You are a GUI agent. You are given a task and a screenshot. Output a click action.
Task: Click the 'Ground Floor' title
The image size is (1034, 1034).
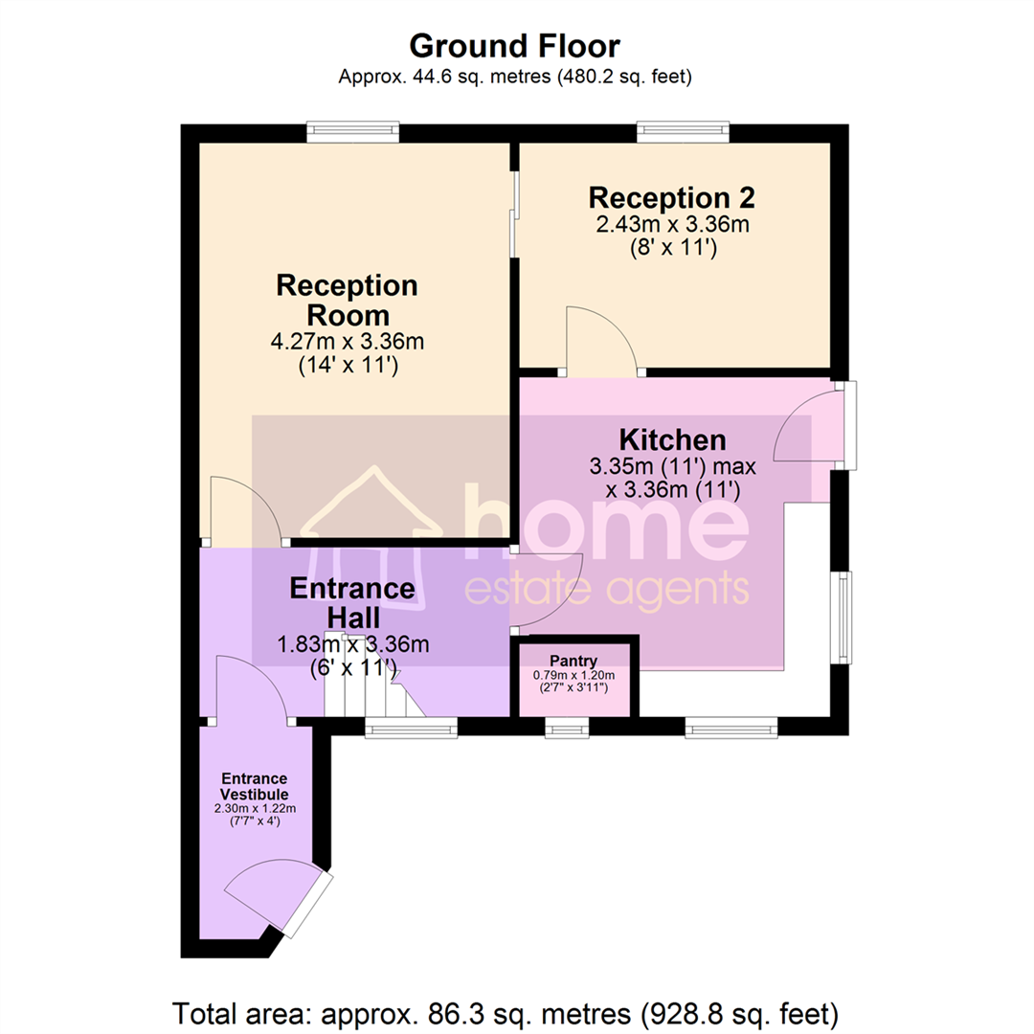515,45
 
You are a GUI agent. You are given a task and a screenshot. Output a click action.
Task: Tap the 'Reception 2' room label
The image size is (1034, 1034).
671,198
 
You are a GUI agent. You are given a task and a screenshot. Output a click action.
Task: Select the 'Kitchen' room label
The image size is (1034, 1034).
671,440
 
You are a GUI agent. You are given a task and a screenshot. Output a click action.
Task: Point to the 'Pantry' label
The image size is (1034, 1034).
573,661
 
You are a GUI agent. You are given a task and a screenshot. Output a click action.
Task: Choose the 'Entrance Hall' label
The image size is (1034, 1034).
352,603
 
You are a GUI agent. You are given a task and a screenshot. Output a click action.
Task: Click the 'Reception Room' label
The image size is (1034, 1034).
347,300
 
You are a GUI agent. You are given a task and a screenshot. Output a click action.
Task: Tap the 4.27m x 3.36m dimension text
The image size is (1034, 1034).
347,342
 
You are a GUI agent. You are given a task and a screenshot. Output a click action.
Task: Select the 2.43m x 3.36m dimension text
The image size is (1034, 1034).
671,226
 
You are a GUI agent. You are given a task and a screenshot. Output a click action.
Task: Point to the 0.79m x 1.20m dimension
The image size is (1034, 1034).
573,675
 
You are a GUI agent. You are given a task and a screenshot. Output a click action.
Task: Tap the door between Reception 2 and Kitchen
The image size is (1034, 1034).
603,343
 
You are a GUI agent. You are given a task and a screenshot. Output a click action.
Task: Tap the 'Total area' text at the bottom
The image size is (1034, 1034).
506,1011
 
